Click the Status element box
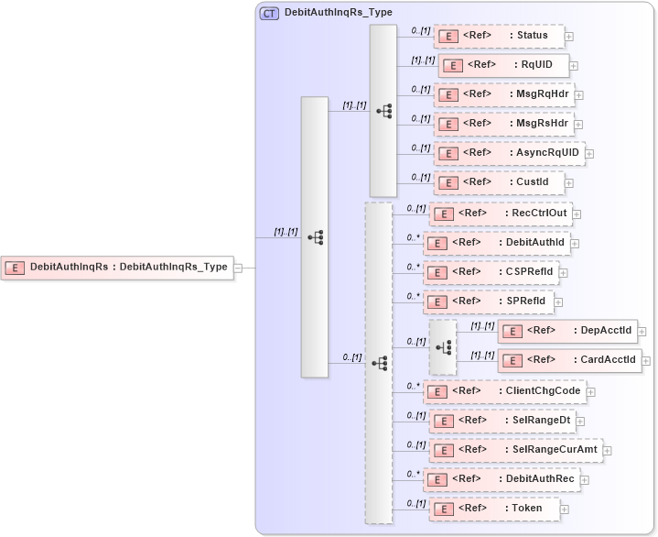(x=498, y=36)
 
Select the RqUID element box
(x=503, y=65)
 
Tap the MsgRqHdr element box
(x=502, y=94)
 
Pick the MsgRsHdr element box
(x=502, y=124)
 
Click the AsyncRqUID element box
(x=508, y=153)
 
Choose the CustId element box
(x=498, y=182)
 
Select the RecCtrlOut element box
(x=501, y=214)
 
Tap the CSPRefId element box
(x=491, y=272)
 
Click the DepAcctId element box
(x=566, y=331)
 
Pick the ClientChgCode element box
(x=503, y=391)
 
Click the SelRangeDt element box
(x=502, y=421)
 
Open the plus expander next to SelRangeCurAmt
(x=608, y=451)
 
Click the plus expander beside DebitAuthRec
(x=585, y=480)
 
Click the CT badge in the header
(x=269, y=14)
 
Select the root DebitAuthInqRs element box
(x=115, y=268)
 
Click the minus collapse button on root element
(x=238, y=268)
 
